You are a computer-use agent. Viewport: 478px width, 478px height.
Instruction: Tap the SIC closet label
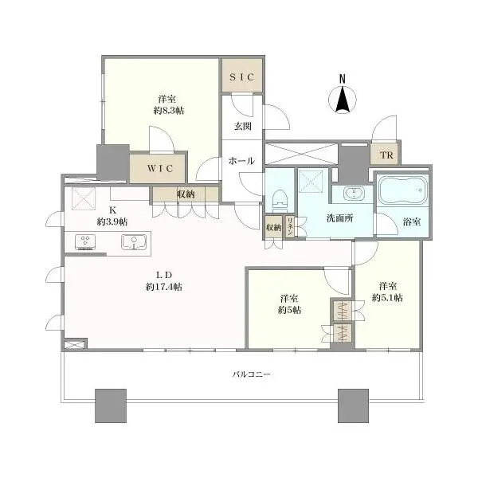point(241,77)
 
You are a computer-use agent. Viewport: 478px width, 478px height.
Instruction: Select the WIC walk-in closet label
point(158,168)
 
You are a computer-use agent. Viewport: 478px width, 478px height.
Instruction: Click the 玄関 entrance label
point(243,126)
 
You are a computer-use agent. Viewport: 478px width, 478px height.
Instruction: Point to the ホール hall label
point(241,160)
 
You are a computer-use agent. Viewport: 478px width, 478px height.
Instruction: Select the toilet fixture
point(280,198)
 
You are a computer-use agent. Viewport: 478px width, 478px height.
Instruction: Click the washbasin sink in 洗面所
point(351,194)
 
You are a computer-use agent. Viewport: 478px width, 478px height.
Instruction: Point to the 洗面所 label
point(338,217)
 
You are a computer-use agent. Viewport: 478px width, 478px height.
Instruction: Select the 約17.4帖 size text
point(165,287)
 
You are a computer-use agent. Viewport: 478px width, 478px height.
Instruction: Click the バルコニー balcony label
point(249,374)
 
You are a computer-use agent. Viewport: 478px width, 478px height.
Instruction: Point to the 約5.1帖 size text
point(387,298)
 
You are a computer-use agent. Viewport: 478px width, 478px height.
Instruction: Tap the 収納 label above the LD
point(186,194)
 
